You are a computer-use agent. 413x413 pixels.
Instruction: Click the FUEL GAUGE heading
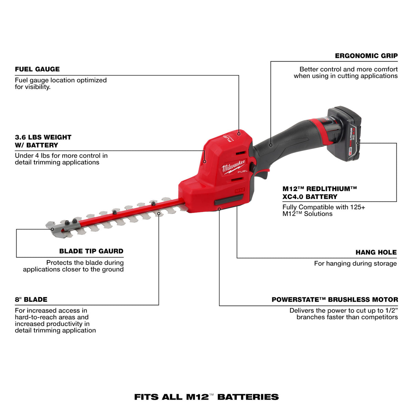[x=37, y=69]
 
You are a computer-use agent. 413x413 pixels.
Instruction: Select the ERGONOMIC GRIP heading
[x=366, y=56]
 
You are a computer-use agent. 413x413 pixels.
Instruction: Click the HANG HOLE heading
[x=376, y=252]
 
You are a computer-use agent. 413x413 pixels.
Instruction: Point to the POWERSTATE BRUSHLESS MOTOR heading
[x=335, y=300]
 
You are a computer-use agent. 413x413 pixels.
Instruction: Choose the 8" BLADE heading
[x=31, y=299]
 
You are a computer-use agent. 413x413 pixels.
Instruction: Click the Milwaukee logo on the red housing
[x=234, y=166]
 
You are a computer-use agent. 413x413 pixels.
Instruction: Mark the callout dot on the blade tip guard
[x=52, y=229]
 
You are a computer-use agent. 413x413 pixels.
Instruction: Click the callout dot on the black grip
[x=271, y=145]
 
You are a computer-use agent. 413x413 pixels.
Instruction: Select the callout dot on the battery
[x=358, y=143]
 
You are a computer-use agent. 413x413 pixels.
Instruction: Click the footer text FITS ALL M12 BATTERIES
[x=206, y=397]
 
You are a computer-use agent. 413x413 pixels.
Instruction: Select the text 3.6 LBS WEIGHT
[x=43, y=137]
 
